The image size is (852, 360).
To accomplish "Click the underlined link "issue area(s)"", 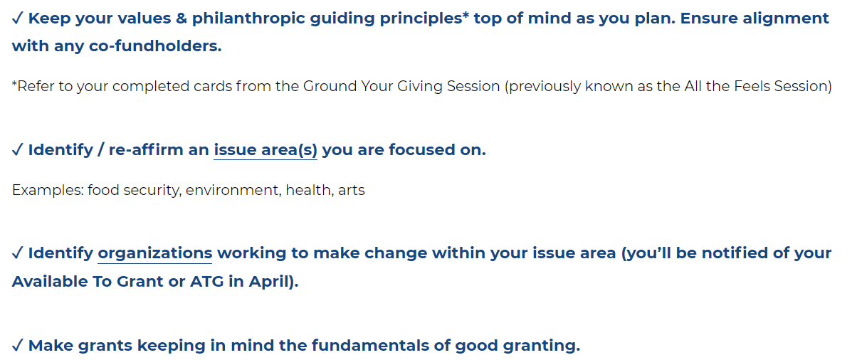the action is coord(265,150).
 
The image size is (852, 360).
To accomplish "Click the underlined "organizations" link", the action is coord(155,253).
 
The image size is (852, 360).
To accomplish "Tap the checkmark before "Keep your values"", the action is coord(17,18).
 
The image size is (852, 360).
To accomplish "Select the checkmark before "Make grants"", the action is coord(17,345).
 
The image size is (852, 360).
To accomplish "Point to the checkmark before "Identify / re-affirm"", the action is coord(17,150).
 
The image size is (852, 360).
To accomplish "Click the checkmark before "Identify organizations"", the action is coord(17,253).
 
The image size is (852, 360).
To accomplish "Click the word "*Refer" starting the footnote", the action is coord(31,86).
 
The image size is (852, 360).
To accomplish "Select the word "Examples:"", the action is coord(47,191).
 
